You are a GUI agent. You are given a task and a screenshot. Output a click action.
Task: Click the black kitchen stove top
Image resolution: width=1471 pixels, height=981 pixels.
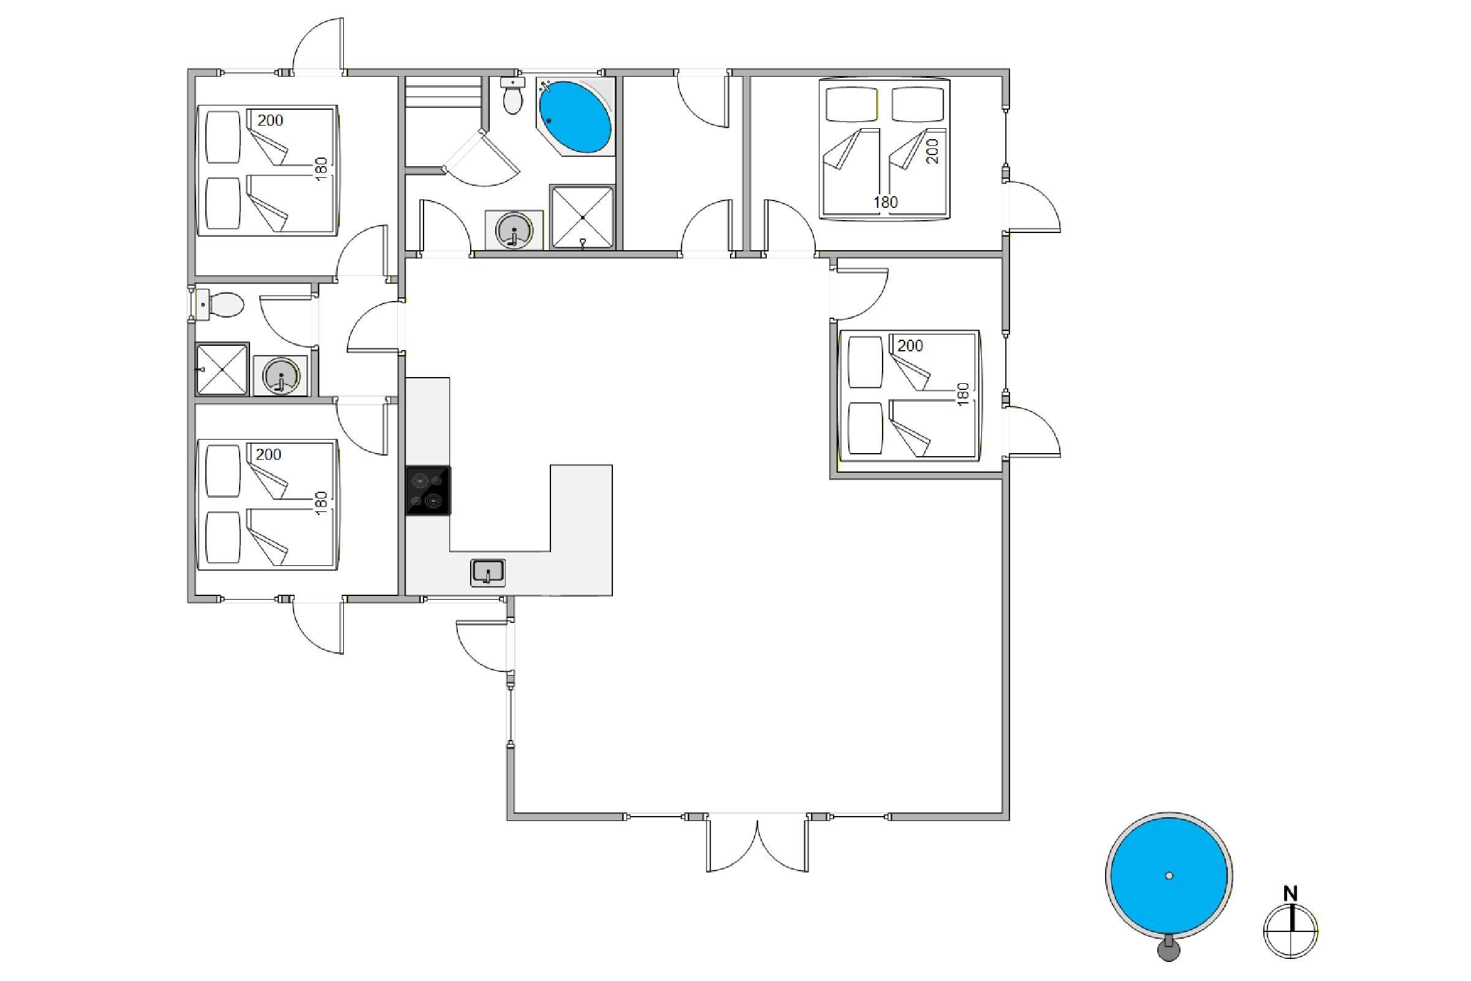428,490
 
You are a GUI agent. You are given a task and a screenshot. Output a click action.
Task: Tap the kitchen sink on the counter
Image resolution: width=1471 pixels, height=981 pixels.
488,573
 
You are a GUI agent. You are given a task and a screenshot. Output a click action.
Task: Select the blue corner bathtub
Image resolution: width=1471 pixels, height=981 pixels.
575,117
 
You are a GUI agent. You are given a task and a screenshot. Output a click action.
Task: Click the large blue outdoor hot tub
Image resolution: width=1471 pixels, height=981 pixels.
1169,876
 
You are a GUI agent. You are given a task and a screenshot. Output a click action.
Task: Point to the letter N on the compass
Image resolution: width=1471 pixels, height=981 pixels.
1290,894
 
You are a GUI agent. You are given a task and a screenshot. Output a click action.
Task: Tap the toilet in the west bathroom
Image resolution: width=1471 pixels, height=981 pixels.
219,305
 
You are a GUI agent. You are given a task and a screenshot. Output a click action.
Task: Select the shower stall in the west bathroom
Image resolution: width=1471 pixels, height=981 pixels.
222,370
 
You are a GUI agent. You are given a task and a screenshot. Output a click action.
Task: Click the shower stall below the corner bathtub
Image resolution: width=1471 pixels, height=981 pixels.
582,217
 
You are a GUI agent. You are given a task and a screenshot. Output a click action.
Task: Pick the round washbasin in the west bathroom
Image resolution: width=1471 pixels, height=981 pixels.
281,376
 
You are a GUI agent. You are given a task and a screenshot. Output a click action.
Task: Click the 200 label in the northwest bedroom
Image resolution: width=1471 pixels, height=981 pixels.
270,120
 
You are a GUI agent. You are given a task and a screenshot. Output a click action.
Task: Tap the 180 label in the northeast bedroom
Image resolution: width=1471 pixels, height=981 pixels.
886,202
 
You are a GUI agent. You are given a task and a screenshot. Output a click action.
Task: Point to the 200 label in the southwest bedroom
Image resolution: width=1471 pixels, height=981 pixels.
268,454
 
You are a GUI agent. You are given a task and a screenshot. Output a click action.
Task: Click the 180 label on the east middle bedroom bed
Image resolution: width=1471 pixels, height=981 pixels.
963,394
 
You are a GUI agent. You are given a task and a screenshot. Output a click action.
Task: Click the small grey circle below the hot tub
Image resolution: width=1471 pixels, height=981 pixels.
1168,951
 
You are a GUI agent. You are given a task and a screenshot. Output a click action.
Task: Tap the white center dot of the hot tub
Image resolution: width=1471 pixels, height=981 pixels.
1169,876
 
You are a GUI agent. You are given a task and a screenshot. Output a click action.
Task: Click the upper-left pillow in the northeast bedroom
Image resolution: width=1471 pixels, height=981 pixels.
851,104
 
